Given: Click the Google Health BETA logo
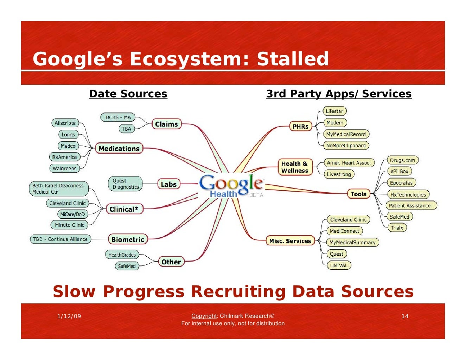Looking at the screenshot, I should pos(231,186).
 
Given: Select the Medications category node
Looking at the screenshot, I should pos(119,149).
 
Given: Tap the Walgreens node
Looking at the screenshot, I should pos(64,168).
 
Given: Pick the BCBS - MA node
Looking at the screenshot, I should pos(118,117).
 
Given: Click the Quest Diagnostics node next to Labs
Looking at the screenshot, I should pos(126,184).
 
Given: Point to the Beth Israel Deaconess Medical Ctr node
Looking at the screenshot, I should pos(58,189).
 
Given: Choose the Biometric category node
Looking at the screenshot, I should pos(128,239).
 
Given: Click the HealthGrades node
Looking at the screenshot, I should pos(122,255).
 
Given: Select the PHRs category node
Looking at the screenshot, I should pos(300,126).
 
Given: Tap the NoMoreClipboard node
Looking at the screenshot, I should pos(346,146).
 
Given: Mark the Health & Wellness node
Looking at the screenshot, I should pos(295,167).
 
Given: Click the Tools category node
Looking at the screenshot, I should pos(358,194).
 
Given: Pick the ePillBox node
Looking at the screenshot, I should pos(399,172).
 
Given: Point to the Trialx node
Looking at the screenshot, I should pos(397,228).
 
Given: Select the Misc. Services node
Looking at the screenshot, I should pos(290,241).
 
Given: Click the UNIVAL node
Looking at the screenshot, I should pos(339,265).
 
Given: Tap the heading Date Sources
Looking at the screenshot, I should pos(128,94).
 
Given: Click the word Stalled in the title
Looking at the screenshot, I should pos(293,59).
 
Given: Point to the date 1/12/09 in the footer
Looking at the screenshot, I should pos(69,316).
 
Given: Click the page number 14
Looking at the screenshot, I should pos(405,316).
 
